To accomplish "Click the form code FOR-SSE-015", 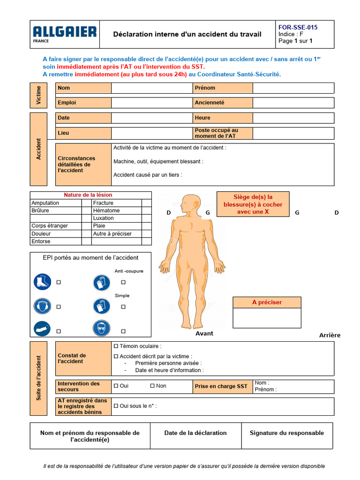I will [298, 27].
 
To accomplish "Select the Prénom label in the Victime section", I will [205, 88].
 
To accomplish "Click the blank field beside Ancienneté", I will [293, 103].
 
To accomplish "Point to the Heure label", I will [202, 118].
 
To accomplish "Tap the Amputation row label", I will [45, 203].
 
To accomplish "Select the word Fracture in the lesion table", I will [103, 203].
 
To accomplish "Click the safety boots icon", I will [42, 282].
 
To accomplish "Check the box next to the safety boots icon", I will [59, 282].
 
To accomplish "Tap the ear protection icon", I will [42, 307].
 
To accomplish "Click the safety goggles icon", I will [101, 328].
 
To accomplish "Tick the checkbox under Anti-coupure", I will [123, 282].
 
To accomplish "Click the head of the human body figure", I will [190, 204].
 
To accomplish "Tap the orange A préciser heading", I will [267, 302].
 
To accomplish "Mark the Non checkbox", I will [152, 386].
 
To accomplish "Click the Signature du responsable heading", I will [286, 433].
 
